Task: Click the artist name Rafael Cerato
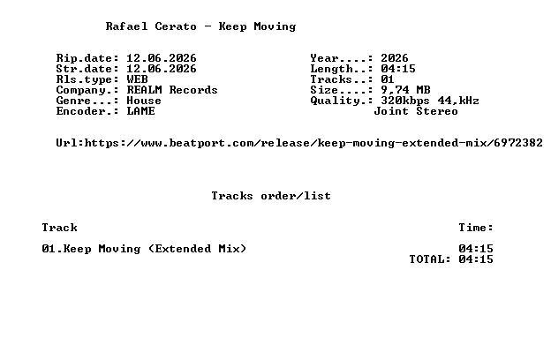point(151,26)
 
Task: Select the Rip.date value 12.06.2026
point(162,58)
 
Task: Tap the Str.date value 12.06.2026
point(162,69)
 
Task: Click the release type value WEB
point(138,79)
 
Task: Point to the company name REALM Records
point(172,90)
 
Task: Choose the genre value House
point(144,101)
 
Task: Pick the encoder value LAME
point(141,111)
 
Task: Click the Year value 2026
point(395,58)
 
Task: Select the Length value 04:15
point(398,69)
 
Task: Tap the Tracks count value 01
point(388,79)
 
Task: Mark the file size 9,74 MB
point(405,90)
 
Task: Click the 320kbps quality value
point(405,101)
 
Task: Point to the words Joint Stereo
point(416,111)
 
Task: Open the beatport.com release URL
point(313,143)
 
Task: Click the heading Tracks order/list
point(271,196)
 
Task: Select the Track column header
point(60,228)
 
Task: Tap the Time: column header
point(476,228)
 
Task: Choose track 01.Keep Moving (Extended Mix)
point(144,249)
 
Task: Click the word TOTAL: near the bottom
point(430,259)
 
